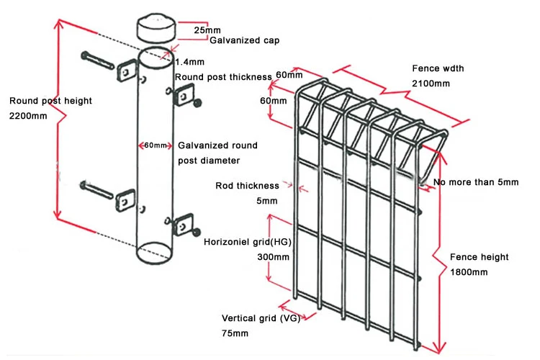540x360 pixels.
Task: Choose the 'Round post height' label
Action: (50, 101)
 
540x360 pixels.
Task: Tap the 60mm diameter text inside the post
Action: (156, 145)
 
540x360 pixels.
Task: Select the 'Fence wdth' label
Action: (438, 68)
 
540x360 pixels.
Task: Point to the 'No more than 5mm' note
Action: (475, 182)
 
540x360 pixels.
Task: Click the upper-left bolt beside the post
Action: (97, 60)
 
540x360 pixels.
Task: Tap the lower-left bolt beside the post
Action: (97, 190)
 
